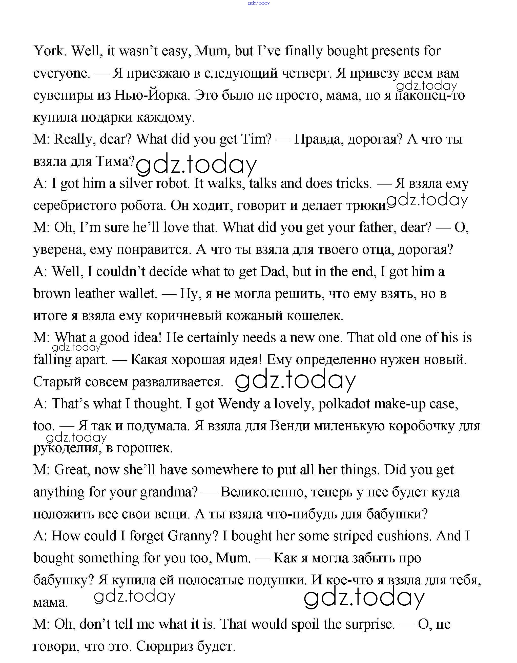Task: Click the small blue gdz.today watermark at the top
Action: pos(259,3)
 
